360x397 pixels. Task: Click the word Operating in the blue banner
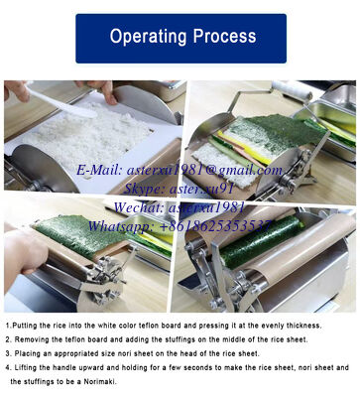pos(147,38)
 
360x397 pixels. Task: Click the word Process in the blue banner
pos(224,38)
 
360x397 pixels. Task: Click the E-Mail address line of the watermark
pos(180,170)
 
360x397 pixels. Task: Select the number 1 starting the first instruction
pos(8,325)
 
